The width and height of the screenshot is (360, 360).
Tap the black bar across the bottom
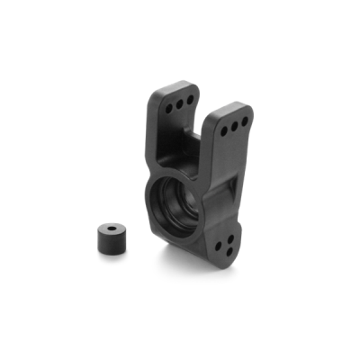tap(180, 329)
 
